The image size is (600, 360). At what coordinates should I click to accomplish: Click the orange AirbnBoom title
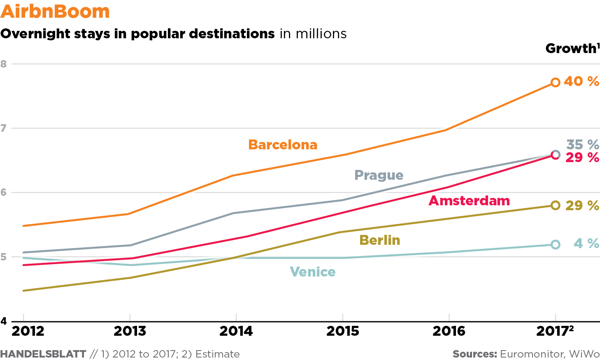coord(55,12)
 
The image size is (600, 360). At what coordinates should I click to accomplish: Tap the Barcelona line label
coord(283,145)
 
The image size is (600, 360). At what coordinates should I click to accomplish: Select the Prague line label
coord(379,175)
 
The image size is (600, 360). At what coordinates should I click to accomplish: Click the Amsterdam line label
coord(469,201)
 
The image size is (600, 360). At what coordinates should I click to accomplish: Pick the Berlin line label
coord(379,240)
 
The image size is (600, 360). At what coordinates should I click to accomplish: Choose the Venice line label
coord(313,272)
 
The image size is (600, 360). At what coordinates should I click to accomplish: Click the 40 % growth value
coord(581,81)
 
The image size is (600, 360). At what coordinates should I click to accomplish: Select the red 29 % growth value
coord(582,158)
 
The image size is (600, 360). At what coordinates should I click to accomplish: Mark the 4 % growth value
coord(586,244)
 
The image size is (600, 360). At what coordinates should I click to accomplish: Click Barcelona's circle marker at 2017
coord(556,82)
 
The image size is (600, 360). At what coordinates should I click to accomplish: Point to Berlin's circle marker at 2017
coord(556,205)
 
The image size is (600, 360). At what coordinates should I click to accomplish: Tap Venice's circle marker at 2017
coord(556,245)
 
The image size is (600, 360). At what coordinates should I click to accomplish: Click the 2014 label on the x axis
coord(236,331)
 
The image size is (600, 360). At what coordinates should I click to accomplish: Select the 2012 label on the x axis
coord(28,331)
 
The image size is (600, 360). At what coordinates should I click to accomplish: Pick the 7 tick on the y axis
coord(4,128)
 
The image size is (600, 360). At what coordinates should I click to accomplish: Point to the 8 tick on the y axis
coord(4,64)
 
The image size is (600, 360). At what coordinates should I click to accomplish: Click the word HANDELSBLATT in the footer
coord(43,354)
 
